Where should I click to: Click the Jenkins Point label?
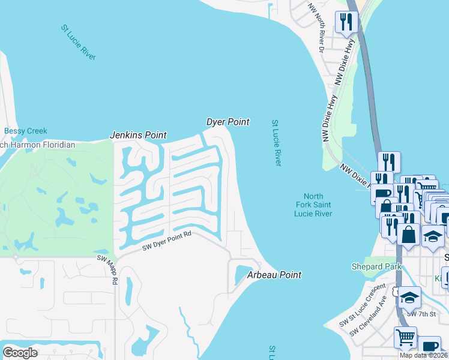click(x=137, y=135)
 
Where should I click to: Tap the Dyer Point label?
click(x=228, y=122)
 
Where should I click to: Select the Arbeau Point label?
click(x=274, y=275)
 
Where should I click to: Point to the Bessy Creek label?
click(x=25, y=131)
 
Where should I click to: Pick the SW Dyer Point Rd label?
click(x=166, y=241)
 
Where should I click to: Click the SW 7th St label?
click(x=420, y=314)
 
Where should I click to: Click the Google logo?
click(x=20, y=352)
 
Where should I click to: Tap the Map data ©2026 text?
click(x=423, y=355)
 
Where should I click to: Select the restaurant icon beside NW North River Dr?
click(x=347, y=22)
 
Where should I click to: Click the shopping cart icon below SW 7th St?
click(x=405, y=337)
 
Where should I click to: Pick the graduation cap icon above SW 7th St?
click(x=409, y=296)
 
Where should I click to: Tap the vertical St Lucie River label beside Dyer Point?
click(x=276, y=143)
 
